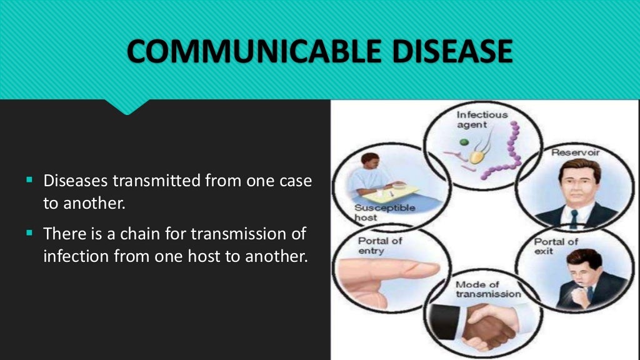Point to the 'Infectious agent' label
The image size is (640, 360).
click(x=482, y=119)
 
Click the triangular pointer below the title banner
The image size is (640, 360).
click(x=128, y=107)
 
